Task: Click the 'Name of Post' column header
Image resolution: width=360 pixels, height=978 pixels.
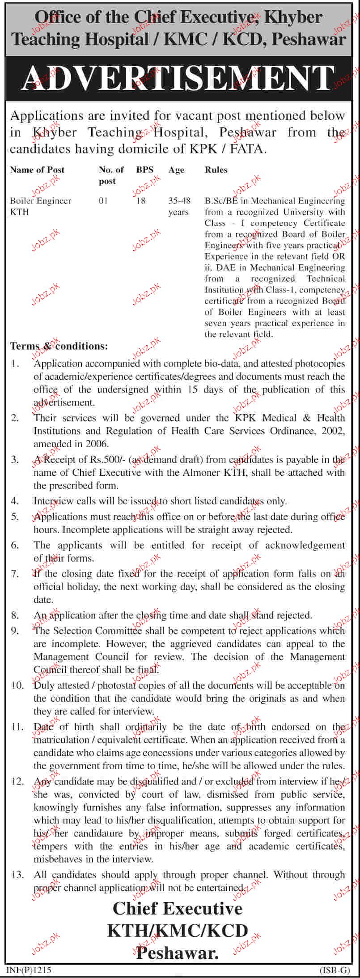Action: point(37,170)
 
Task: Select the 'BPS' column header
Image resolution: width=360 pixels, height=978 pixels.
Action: point(145,170)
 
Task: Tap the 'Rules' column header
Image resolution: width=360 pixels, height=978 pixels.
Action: point(216,170)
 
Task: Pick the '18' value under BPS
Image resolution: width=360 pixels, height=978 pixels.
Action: point(141,201)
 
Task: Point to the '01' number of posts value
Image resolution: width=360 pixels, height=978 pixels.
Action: point(103,201)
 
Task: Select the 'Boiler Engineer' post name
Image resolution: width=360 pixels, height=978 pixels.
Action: point(41,201)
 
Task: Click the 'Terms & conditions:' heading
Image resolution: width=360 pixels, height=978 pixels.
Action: point(59,346)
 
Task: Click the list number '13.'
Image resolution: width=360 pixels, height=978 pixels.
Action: point(17,874)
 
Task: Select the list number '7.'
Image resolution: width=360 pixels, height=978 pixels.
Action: point(15,574)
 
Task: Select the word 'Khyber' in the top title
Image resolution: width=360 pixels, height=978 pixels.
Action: point(293,17)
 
